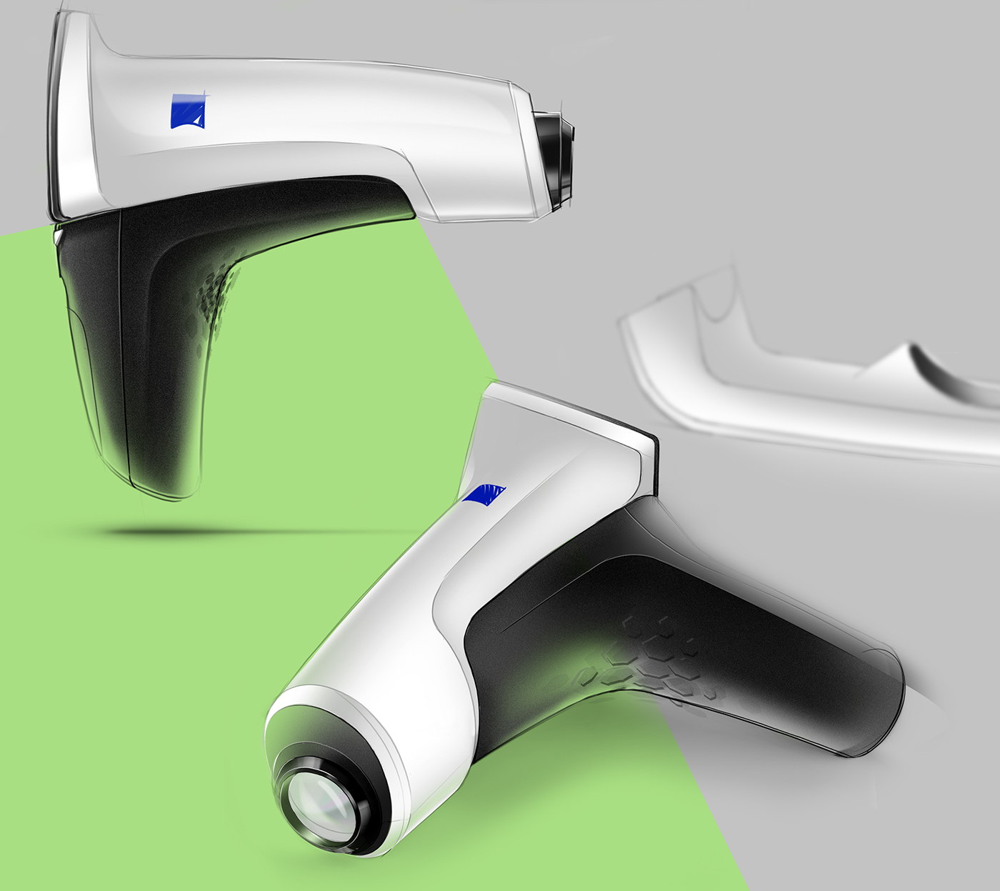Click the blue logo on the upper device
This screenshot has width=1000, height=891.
[x=189, y=111]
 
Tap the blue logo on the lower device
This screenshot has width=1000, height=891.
[x=485, y=494]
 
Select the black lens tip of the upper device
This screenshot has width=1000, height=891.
[x=556, y=154]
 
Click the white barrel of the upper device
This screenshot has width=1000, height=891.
[x=343, y=107]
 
